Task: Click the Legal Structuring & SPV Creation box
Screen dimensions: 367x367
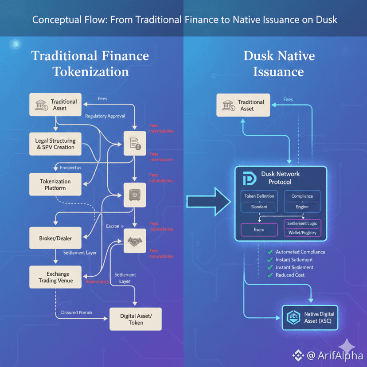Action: pyautogui.click(x=55, y=144)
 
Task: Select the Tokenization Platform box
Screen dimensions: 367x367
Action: pyautogui.click(x=55, y=184)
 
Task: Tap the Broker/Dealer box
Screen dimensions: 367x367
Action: pyautogui.click(x=55, y=238)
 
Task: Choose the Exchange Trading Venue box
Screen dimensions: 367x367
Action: pyautogui.click(x=55, y=277)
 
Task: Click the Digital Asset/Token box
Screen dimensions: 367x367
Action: pyautogui.click(x=136, y=319)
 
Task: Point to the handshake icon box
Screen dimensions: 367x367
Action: pyautogui.click(x=134, y=241)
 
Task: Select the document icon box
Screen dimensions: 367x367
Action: pyautogui.click(x=134, y=143)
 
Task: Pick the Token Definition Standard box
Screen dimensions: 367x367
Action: pyautogui.click(x=259, y=201)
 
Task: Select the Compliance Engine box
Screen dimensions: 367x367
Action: pyautogui.click(x=302, y=201)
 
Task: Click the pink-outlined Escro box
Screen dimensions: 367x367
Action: pyautogui.click(x=259, y=230)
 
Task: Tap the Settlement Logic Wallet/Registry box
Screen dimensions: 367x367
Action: pyautogui.click(x=303, y=228)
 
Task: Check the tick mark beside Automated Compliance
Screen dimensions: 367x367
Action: pyautogui.click(x=269, y=252)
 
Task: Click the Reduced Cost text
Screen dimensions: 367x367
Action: pyautogui.click(x=290, y=275)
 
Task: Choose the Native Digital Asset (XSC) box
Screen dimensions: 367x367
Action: pyautogui.click(x=310, y=318)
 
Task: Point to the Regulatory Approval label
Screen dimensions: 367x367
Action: pyautogui.click(x=105, y=116)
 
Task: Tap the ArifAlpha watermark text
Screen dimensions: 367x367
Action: pyautogui.click(x=335, y=355)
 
